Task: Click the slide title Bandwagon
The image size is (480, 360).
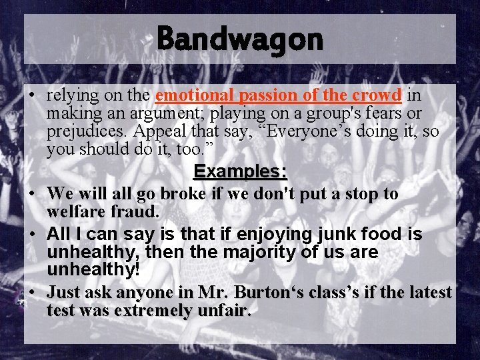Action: click(x=240, y=39)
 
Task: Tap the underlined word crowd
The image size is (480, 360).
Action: click(x=378, y=95)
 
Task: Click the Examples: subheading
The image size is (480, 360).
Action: click(x=240, y=171)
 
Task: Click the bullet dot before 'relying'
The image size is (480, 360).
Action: click(x=32, y=96)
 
